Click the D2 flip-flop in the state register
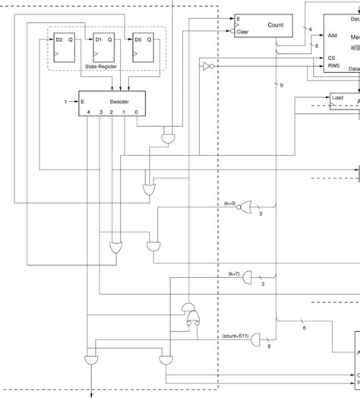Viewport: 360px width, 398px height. pos(64,46)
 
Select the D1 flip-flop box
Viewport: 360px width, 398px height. pos(103,46)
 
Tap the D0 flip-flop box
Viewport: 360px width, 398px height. pos(142,46)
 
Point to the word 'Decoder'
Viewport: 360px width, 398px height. pos(120,101)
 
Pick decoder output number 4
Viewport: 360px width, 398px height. pos(88,112)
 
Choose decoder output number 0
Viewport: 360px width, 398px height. pos(136,112)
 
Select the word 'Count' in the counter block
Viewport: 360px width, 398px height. pos(275,25)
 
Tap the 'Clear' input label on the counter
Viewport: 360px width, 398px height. pos(243,33)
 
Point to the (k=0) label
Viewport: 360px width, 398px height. pos(229,204)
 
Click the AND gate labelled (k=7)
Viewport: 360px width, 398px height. pos(249,280)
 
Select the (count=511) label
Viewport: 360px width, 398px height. pos(235,335)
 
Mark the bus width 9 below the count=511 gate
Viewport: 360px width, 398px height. pos(267,347)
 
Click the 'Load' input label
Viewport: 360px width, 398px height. pos(337,98)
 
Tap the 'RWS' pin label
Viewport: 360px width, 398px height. pos(333,65)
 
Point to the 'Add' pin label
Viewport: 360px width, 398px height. pos(332,35)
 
